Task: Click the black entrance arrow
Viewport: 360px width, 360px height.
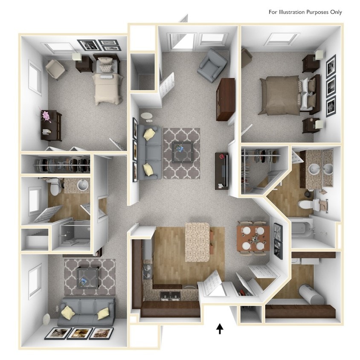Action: (220, 328)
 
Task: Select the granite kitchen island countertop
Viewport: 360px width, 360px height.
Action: (197, 242)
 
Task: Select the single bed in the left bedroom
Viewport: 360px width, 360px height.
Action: (107, 84)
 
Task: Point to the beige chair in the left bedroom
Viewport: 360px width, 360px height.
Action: (55, 69)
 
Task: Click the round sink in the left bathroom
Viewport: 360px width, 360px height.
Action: (83, 185)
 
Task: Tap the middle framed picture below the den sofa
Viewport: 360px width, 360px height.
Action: (79, 333)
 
